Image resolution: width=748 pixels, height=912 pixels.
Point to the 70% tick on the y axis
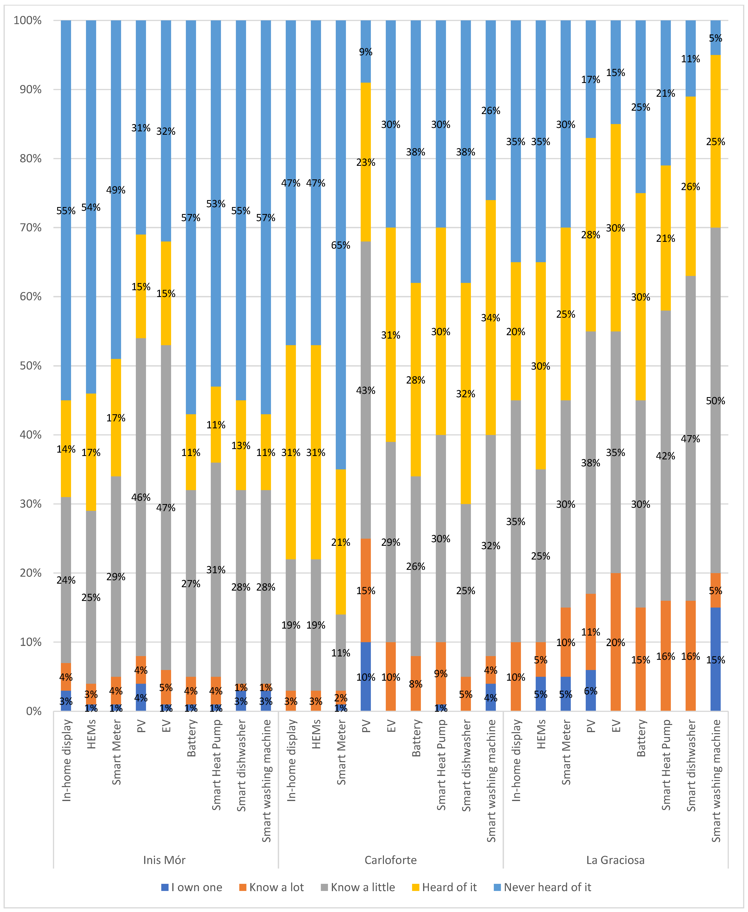pyautogui.click(x=28, y=228)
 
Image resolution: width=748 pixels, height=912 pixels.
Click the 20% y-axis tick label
pyautogui.click(x=28, y=573)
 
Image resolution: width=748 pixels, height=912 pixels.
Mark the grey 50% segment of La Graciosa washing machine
pyautogui.click(x=716, y=401)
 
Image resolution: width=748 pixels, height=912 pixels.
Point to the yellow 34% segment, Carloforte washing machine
pyautogui.click(x=491, y=318)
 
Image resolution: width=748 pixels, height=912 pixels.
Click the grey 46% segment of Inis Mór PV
pyautogui.click(x=141, y=497)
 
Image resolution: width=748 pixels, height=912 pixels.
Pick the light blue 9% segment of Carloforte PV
pyautogui.click(x=366, y=52)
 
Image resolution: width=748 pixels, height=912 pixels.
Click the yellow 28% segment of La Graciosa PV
pyautogui.click(x=591, y=235)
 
